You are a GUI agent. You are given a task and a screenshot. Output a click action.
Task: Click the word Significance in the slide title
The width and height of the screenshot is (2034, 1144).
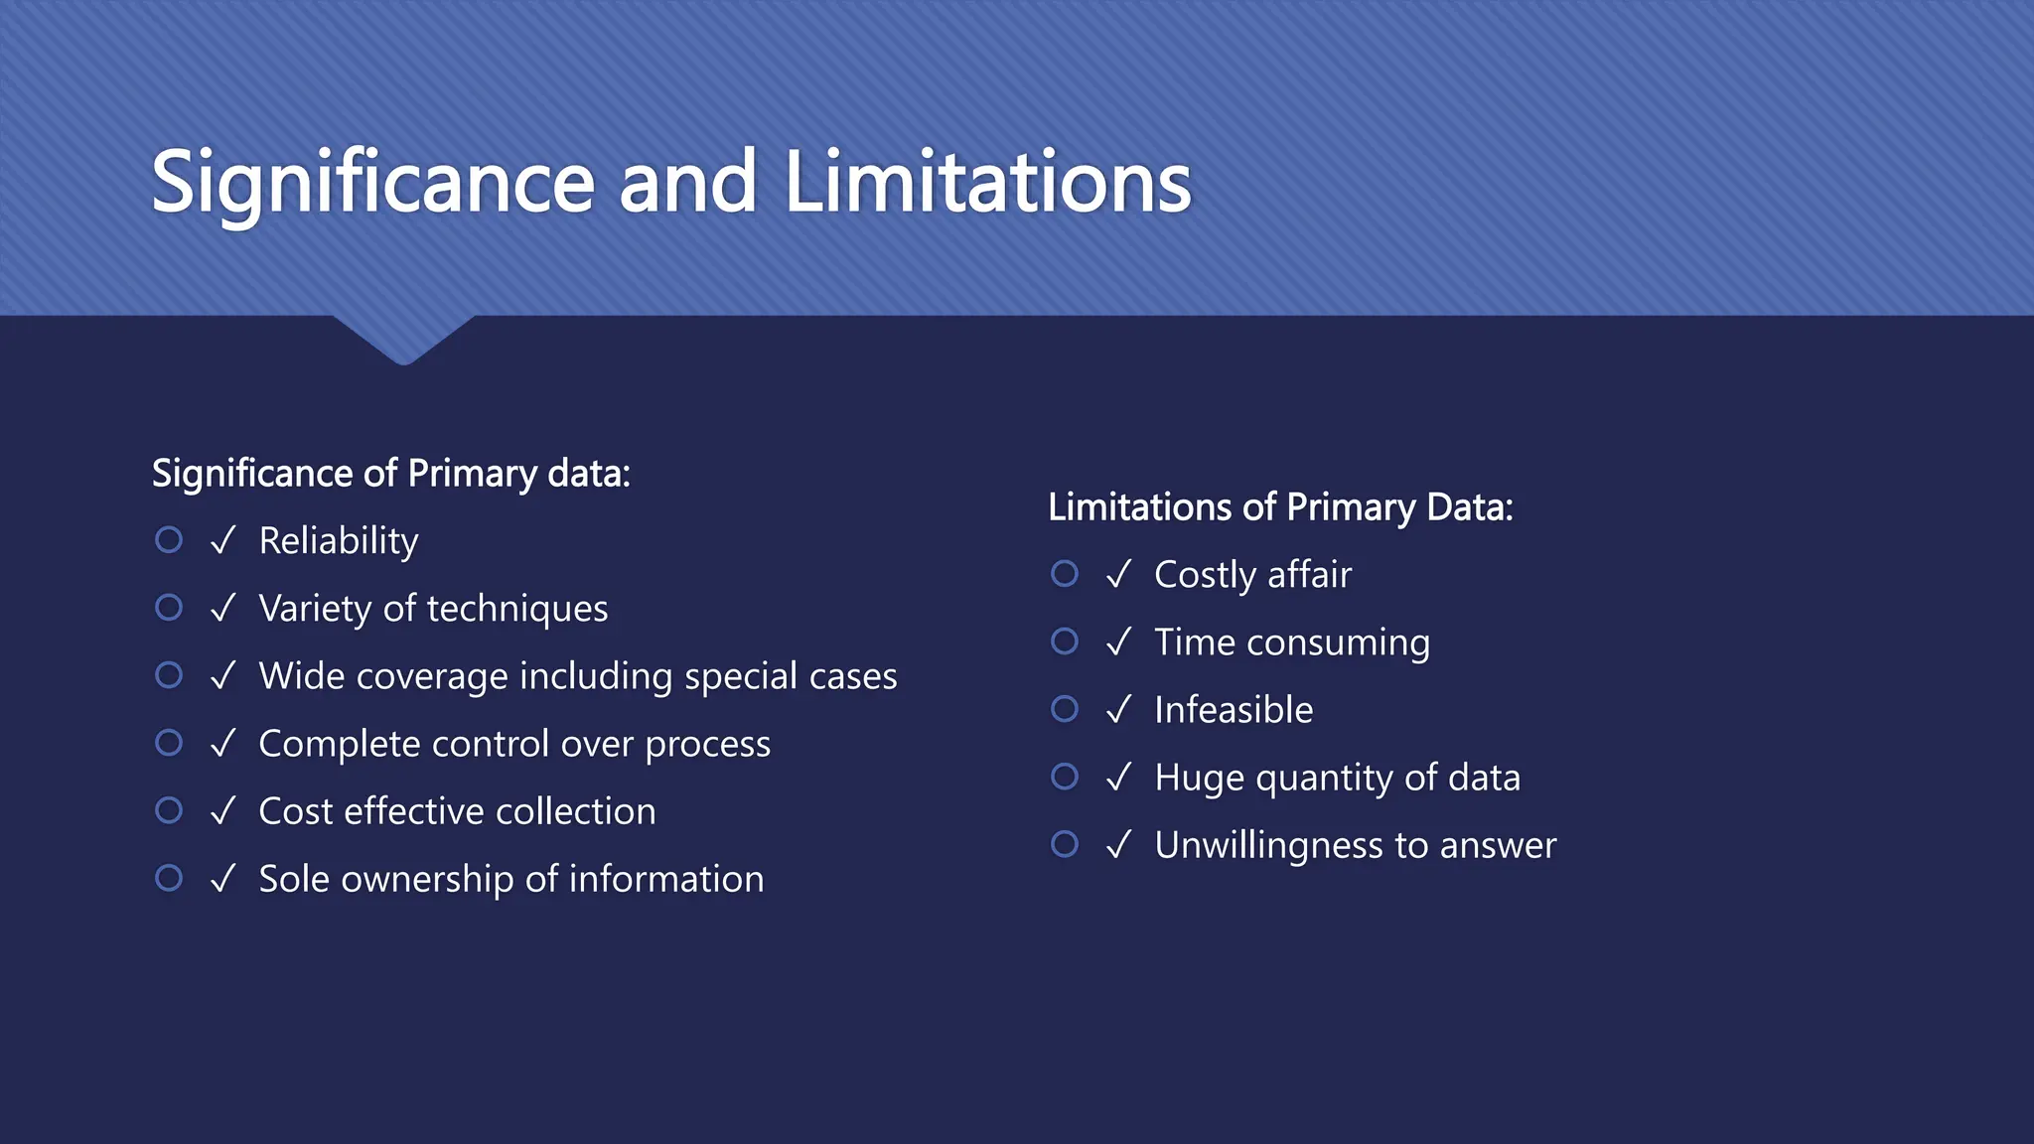point(372,183)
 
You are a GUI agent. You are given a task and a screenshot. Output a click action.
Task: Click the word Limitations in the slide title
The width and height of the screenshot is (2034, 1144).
point(987,183)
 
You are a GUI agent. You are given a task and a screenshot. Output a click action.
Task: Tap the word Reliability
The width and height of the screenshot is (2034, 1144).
point(339,541)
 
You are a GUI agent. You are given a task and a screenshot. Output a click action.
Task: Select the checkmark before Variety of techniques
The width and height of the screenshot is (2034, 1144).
point(223,608)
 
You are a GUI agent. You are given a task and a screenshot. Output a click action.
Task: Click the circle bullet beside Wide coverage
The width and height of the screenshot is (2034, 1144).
point(169,675)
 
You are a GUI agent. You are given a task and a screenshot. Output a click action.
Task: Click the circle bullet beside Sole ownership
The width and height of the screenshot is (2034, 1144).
point(169,878)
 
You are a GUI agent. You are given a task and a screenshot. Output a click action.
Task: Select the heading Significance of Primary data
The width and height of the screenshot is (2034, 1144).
point(390,474)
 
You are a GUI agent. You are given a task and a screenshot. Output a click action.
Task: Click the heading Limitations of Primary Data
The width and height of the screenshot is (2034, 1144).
point(1280,507)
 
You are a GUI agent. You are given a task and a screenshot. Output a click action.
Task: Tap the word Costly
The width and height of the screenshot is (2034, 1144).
point(1206,575)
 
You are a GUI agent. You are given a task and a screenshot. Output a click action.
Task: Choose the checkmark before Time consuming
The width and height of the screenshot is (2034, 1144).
point(1119,643)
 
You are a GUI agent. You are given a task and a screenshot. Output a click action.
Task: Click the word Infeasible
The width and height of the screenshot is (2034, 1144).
point(1234,710)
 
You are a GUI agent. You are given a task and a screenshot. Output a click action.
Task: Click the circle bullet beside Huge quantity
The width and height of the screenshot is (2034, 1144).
point(1065,777)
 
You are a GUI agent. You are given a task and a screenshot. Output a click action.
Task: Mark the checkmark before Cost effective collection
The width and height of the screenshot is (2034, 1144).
point(223,811)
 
